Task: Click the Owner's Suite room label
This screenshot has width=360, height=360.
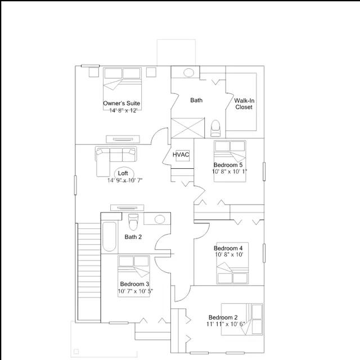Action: [x=121, y=103]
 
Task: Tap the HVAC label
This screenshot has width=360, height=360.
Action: [x=181, y=155]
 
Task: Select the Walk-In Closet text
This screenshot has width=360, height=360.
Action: [x=244, y=103]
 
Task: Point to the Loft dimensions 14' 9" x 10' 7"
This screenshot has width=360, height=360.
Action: [x=125, y=181]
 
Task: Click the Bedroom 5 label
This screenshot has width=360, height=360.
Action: [x=228, y=165]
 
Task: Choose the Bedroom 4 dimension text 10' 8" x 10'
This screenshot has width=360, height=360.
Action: [x=229, y=255]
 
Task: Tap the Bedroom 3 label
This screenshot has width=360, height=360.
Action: [x=134, y=284]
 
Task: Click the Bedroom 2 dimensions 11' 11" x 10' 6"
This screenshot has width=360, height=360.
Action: [x=226, y=324]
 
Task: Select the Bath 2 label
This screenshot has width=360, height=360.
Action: [x=133, y=237]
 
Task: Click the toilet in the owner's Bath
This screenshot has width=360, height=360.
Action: [x=215, y=128]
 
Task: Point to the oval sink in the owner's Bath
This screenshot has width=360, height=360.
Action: [x=189, y=73]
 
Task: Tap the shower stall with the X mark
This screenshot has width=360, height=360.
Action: [x=187, y=128]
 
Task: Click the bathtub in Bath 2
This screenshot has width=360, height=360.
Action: [x=109, y=236]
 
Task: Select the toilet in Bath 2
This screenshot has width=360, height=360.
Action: [x=133, y=222]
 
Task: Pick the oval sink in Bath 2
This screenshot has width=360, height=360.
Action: [x=160, y=219]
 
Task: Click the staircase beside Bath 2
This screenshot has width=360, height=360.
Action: [x=89, y=272]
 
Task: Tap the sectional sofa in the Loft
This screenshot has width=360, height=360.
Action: [x=116, y=161]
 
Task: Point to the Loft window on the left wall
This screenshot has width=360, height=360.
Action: [x=75, y=185]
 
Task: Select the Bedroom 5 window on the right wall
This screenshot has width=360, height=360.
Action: [x=264, y=171]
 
